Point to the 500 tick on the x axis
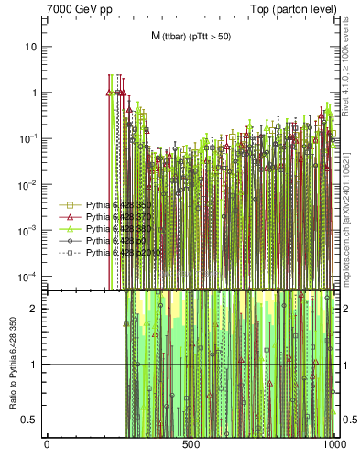(191, 443)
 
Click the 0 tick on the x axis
(47, 443)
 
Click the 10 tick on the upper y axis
(33, 46)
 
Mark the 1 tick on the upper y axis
(37, 93)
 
